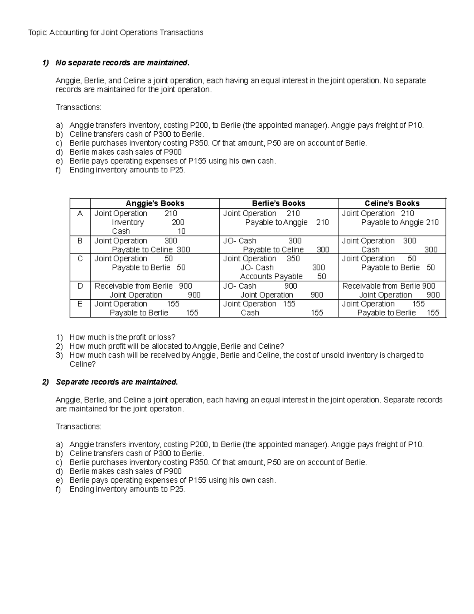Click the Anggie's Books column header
tap(155, 203)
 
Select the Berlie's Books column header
tap(278, 203)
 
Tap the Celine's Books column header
tap(392, 203)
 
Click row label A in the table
tap(80, 213)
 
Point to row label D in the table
tap(80, 286)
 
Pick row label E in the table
tap(80, 304)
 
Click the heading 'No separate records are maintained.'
tap(122, 63)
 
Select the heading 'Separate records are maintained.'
tap(117, 382)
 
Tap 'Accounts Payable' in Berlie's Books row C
tap(271, 276)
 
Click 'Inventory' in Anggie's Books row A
tap(128, 222)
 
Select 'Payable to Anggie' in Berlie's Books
tap(276, 222)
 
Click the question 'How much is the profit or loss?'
tap(122, 337)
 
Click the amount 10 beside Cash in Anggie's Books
tap(181, 231)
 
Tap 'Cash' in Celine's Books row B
tap(370, 249)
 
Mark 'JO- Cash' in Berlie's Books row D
tap(240, 286)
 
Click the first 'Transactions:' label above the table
tap(79, 108)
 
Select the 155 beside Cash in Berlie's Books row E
tap(317, 313)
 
